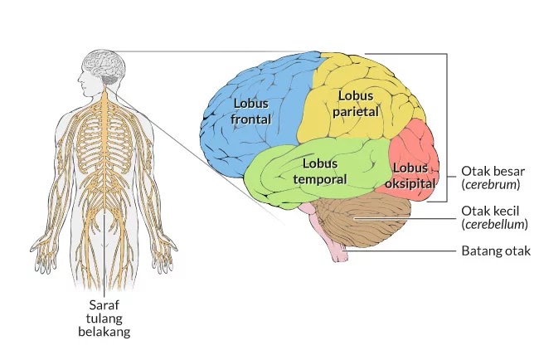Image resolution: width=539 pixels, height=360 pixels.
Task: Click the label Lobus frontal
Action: click(x=252, y=111)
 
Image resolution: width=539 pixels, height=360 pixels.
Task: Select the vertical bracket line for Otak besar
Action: click(x=448, y=124)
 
